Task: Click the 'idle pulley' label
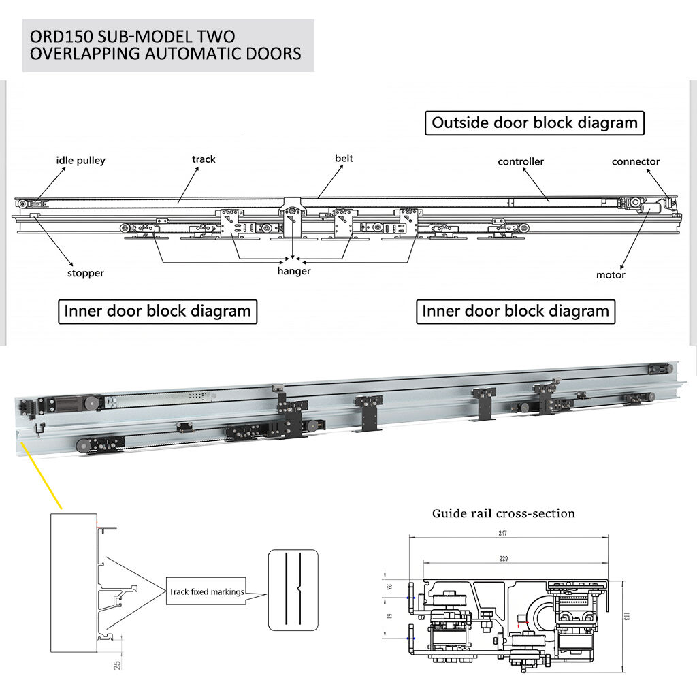(x=80, y=161)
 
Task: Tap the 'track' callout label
(x=204, y=159)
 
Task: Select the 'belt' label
(x=344, y=159)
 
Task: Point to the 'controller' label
(x=521, y=161)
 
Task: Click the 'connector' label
(x=636, y=161)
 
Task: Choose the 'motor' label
(x=611, y=275)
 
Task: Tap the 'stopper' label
(x=86, y=273)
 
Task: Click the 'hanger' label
(x=294, y=271)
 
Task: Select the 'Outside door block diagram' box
(x=535, y=123)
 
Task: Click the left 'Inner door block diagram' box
(x=158, y=312)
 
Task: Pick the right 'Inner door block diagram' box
(x=516, y=312)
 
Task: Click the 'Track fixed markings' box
(x=206, y=592)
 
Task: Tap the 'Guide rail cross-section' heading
(x=504, y=513)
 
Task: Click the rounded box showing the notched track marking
(x=293, y=589)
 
